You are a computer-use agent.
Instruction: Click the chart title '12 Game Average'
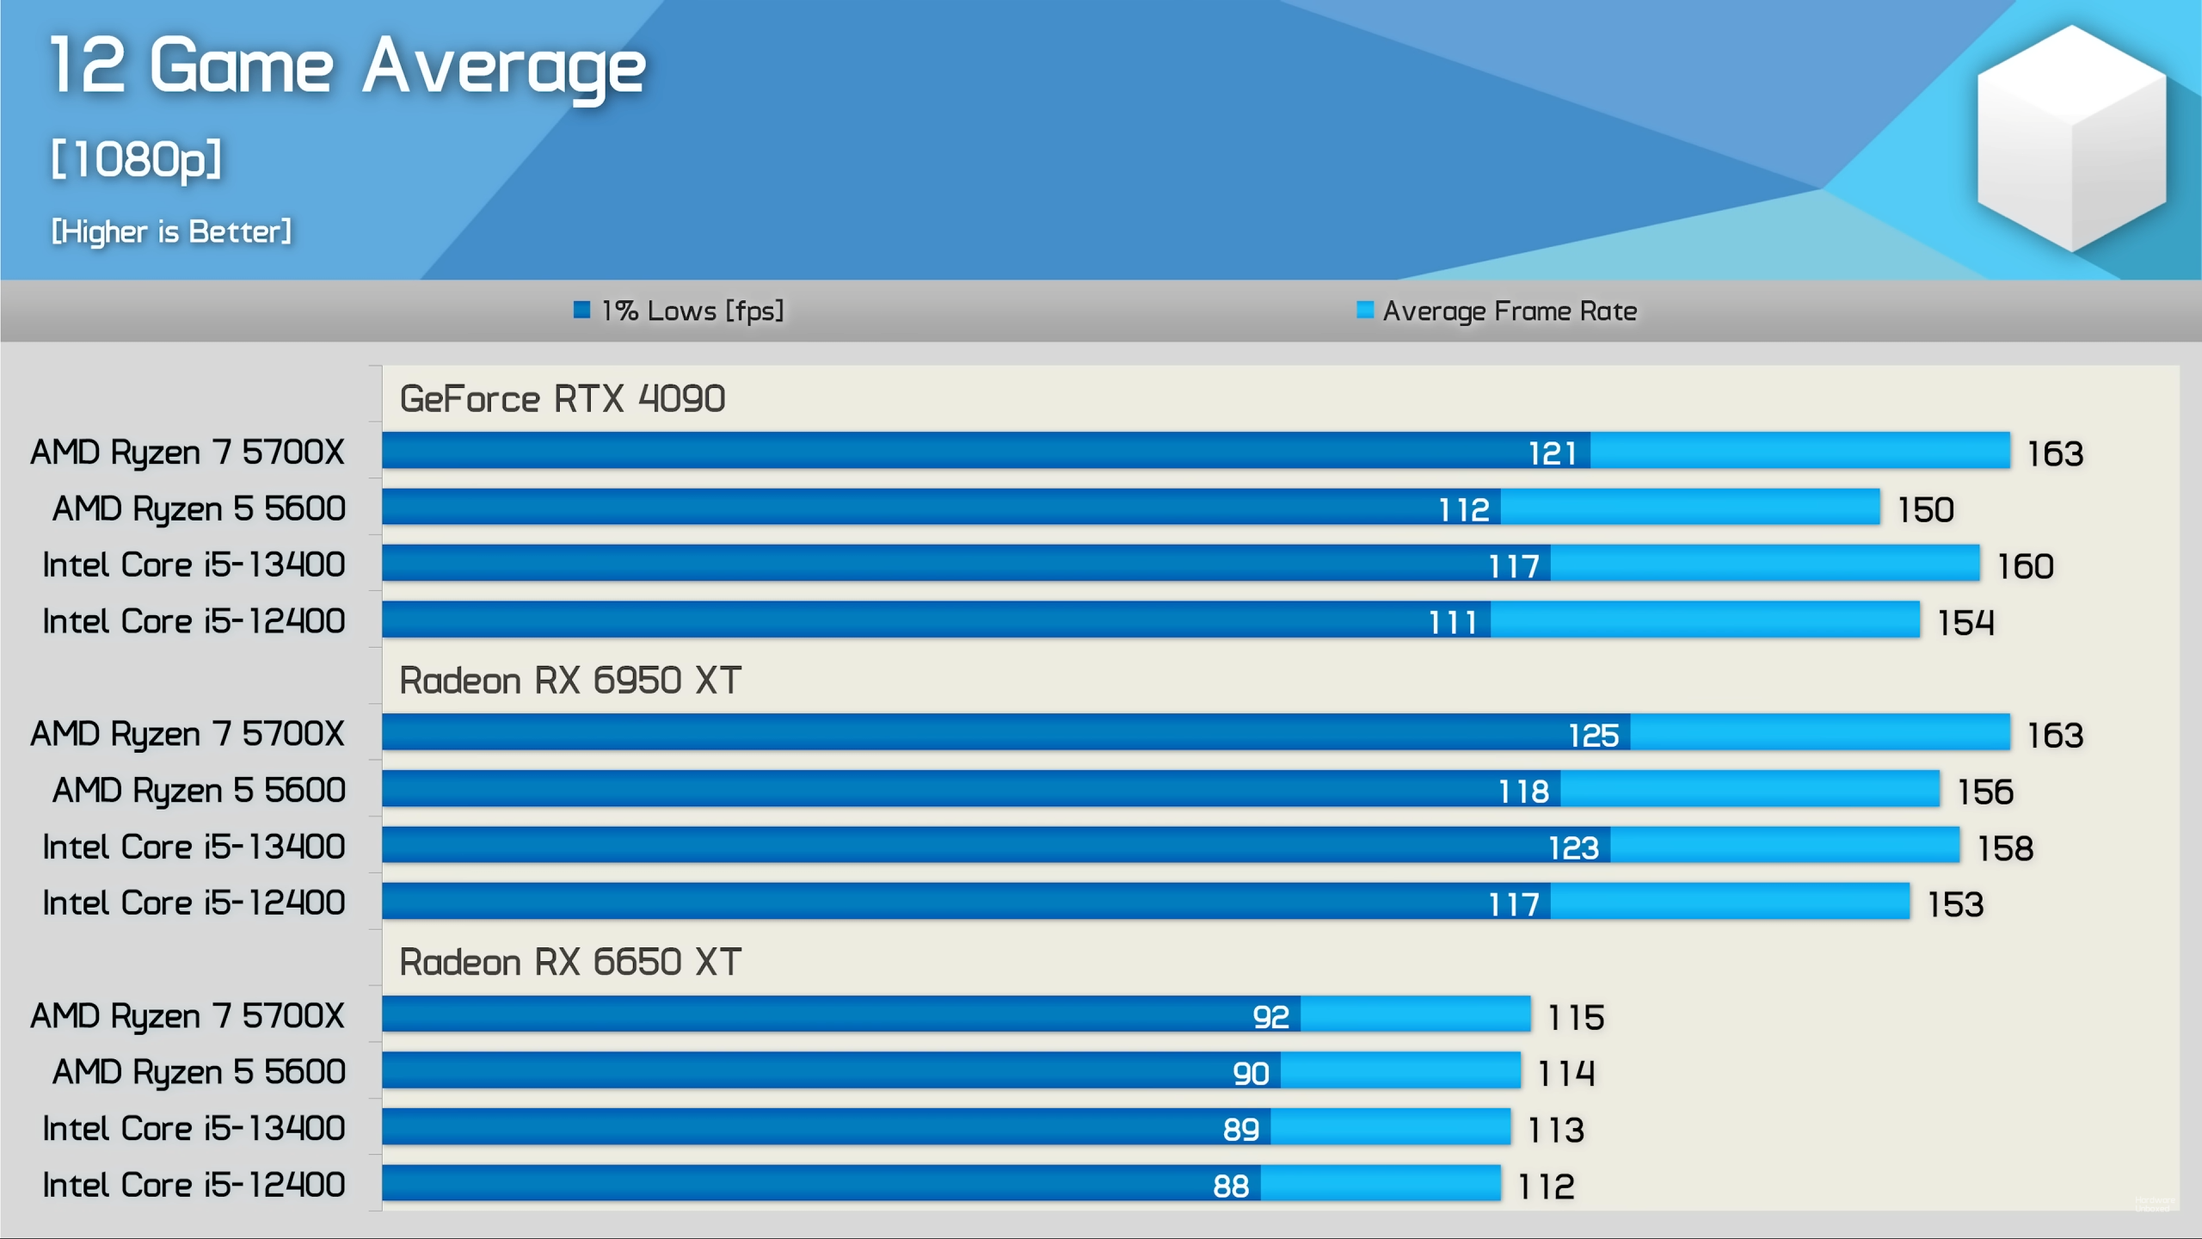pyautogui.click(x=347, y=67)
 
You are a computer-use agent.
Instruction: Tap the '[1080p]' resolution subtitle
pyautogui.click(x=136, y=160)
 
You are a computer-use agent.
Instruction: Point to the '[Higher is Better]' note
pyautogui.click(x=171, y=231)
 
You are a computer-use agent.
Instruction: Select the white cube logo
pyautogui.click(x=2070, y=138)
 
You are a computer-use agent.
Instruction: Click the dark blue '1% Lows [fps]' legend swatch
pyautogui.click(x=581, y=310)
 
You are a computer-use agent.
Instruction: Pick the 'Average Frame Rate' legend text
pyautogui.click(x=1510, y=311)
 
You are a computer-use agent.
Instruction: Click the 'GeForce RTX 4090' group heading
pyautogui.click(x=563, y=398)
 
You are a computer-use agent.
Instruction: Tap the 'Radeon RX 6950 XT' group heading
pyautogui.click(x=569, y=681)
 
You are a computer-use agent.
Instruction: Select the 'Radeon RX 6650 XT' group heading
pyautogui.click(x=569, y=962)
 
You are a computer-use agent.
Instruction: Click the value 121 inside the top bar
pyautogui.click(x=1552, y=453)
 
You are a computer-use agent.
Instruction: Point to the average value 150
pyautogui.click(x=1926, y=509)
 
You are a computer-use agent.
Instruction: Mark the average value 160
pyautogui.click(x=2026, y=566)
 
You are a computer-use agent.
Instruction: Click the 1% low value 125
pyautogui.click(x=1593, y=735)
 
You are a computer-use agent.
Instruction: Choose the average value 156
pyautogui.click(x=1985, y=792)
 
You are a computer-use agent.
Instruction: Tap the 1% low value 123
pyautogui.click(x=1573, y=848)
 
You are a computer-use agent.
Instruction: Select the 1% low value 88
pyautogui.click(x=1231, y=1187)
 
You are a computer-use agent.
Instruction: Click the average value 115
pyautogui.click(x=1576, y=1017)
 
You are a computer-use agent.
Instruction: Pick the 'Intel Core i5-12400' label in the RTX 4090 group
pyautogui.click(x=194, y=621)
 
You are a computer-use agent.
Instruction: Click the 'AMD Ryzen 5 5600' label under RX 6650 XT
pyautogui.click(x=199, y=1072)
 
